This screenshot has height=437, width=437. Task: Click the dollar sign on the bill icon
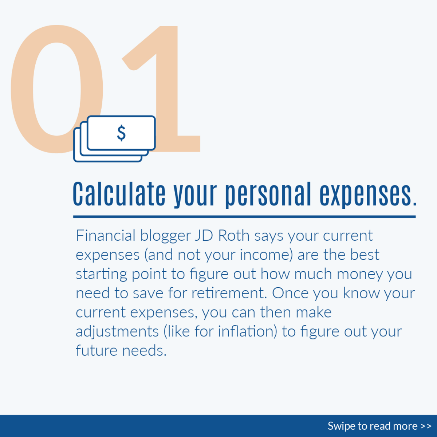[x=121, y=133]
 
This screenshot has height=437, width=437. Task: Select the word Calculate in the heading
[x=119, y=194]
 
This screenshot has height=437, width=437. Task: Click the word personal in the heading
[x=268, y=195]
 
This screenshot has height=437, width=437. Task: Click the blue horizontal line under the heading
[x=244, y=217]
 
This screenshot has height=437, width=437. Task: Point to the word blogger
[x=165, y=236]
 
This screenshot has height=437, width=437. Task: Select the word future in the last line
[x=97, y=350]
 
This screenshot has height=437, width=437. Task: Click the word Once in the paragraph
[x=290, y=293]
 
